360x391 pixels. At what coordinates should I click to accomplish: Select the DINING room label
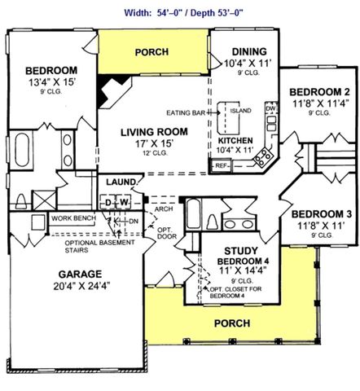[x=244, y=50]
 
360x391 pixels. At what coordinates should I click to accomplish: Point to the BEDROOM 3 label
[x=322, y=213]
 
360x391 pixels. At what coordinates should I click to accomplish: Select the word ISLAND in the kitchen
[x=240, y=110]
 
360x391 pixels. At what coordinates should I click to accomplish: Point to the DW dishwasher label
[x=271, y=108]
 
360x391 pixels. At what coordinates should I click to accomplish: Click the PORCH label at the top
[x=152, y=52]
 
